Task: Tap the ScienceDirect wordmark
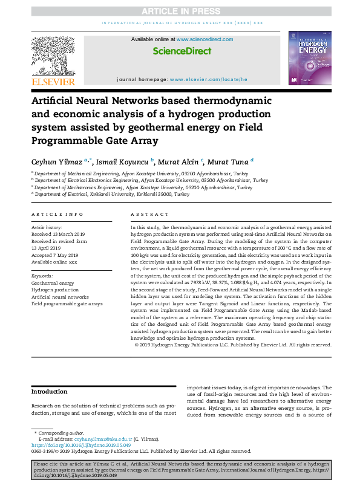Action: [x=182, y=52]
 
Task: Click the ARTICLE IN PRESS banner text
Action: [x=180, y=10]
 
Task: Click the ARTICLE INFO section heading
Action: [x=57, y=215]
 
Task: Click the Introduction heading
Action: [x=50, y=392]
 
